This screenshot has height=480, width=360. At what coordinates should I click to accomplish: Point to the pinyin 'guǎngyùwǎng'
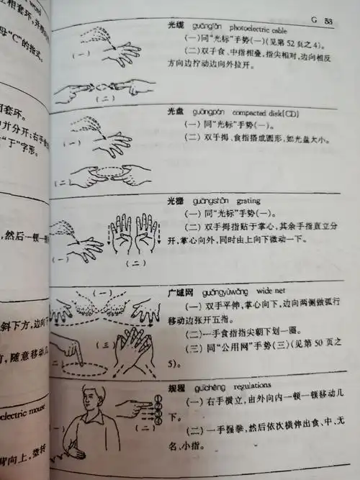[x=215, y=295]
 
